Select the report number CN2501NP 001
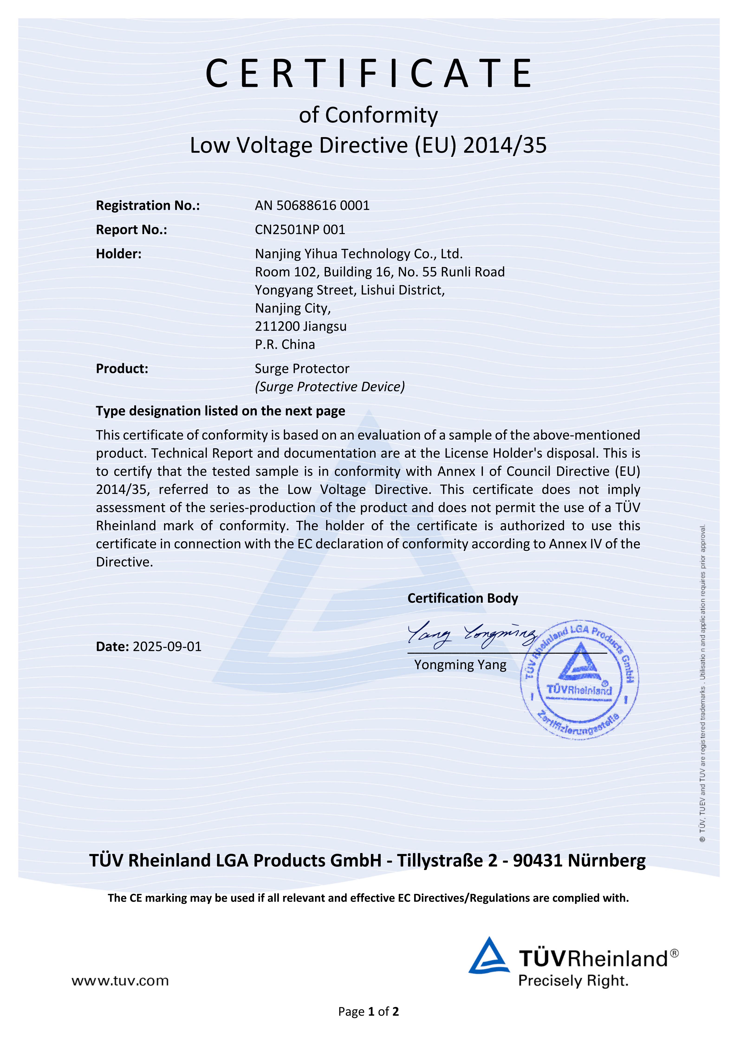299,230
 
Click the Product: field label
122,369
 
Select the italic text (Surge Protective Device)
329,387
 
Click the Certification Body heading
462,598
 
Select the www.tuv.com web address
120,981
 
